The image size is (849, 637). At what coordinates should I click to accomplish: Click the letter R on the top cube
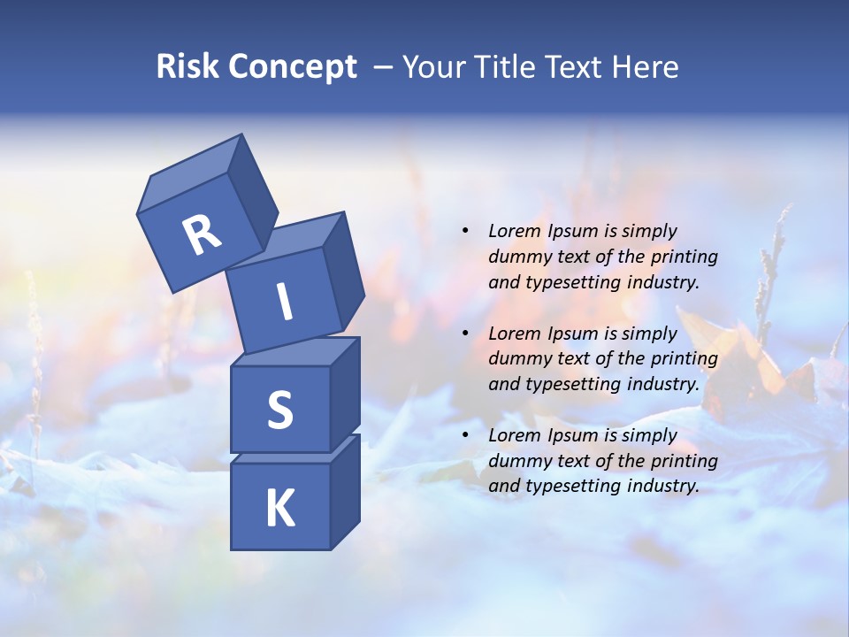click(202, 235)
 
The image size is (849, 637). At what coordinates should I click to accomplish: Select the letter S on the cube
click(279, 410)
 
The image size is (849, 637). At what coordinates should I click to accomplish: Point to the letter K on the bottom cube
click(279, 508)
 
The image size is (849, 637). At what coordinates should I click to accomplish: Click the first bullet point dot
click(465, 232)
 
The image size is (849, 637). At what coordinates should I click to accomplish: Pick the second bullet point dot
click(465, 334)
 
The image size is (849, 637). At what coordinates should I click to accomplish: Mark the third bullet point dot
click(465, 436)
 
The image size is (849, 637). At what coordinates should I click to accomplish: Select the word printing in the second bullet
click(684, 359)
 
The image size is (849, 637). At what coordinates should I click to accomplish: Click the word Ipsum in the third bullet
click(571, 435)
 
